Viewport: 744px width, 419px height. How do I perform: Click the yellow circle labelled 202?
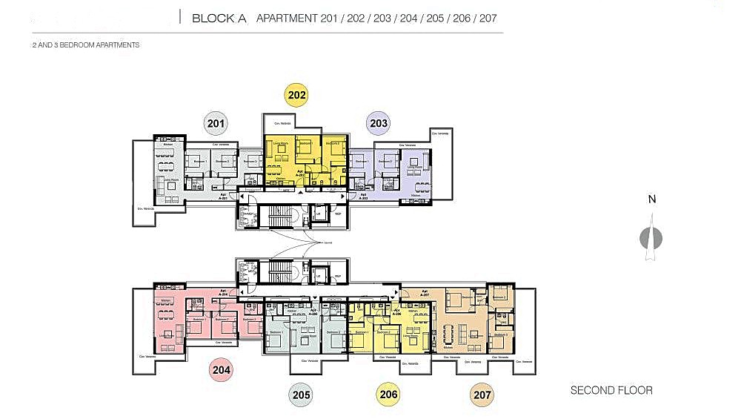296,95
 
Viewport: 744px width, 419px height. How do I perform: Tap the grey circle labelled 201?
216,124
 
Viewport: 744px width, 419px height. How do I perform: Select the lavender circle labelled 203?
378,123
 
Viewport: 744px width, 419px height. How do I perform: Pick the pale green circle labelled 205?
301,395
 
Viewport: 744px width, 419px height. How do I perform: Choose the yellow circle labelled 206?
388,395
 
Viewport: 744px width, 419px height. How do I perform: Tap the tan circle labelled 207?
482,395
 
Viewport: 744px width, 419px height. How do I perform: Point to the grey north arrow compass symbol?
650,238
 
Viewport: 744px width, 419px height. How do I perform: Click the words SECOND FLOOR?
611,390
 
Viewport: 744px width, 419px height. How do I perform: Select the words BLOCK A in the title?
219,18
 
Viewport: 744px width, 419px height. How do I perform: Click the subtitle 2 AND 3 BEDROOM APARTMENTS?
85,45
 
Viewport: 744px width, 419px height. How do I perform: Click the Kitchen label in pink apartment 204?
167,300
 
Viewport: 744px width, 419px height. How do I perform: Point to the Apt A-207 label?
425,293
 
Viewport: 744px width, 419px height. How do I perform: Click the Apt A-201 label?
223,197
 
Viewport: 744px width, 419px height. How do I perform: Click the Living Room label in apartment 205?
303,336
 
